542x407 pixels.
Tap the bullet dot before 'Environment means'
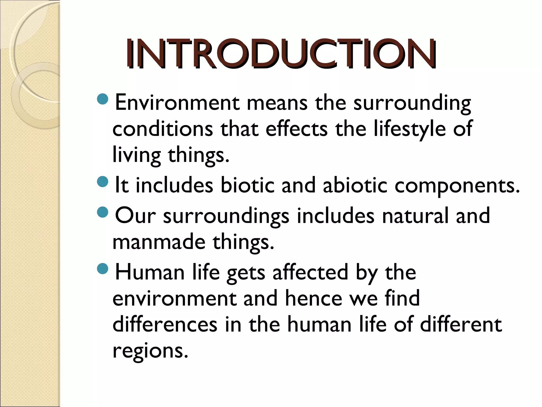[x=103, y=99]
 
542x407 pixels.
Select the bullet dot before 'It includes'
[x=103, y=182]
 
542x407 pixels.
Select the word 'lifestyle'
[x=410, y=129]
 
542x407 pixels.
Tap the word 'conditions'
[x=162, y=129]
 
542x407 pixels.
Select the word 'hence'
[x=314, y=298]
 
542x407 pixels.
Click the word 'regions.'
[x=150, y=351]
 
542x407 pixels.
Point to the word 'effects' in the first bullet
[x=296, y=129]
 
